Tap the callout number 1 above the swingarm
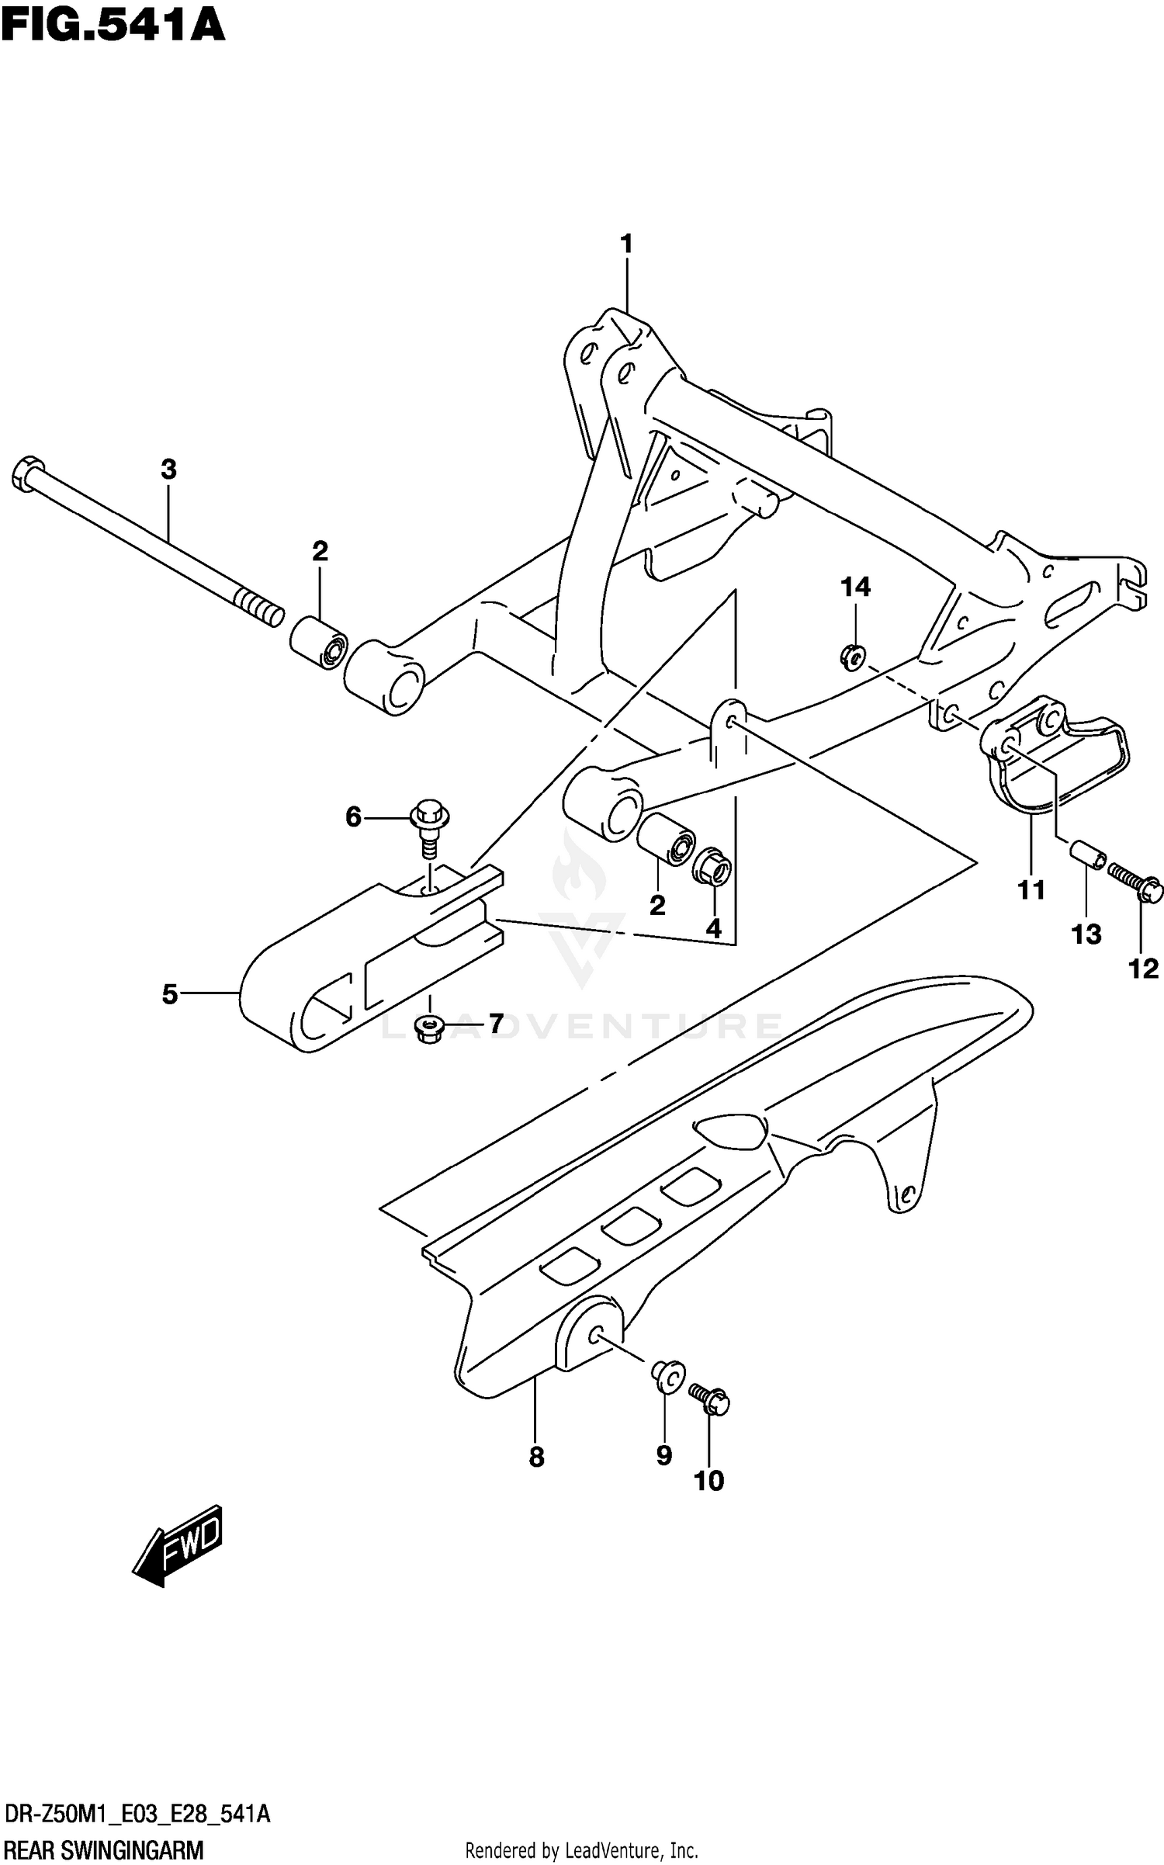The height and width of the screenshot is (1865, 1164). pyautogui.click(x=626, y=244)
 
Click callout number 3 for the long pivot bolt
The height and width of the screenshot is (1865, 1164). pyautogui.click(x=168, y=470)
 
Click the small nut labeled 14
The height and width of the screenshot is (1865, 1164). pyautogui.click(x=852, y=658)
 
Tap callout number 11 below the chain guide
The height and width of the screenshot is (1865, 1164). pyautogui.click(x=1031, y=889)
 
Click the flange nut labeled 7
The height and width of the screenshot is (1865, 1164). pyautogui.click(x=428, y=1029)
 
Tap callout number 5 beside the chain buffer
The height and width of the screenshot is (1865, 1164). pyautogui.click(x=170, y=994)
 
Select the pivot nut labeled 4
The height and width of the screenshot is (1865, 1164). pyautogui.click(x=712, y=866)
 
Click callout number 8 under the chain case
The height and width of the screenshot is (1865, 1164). pyautogui.click(x=536, y=1458)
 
